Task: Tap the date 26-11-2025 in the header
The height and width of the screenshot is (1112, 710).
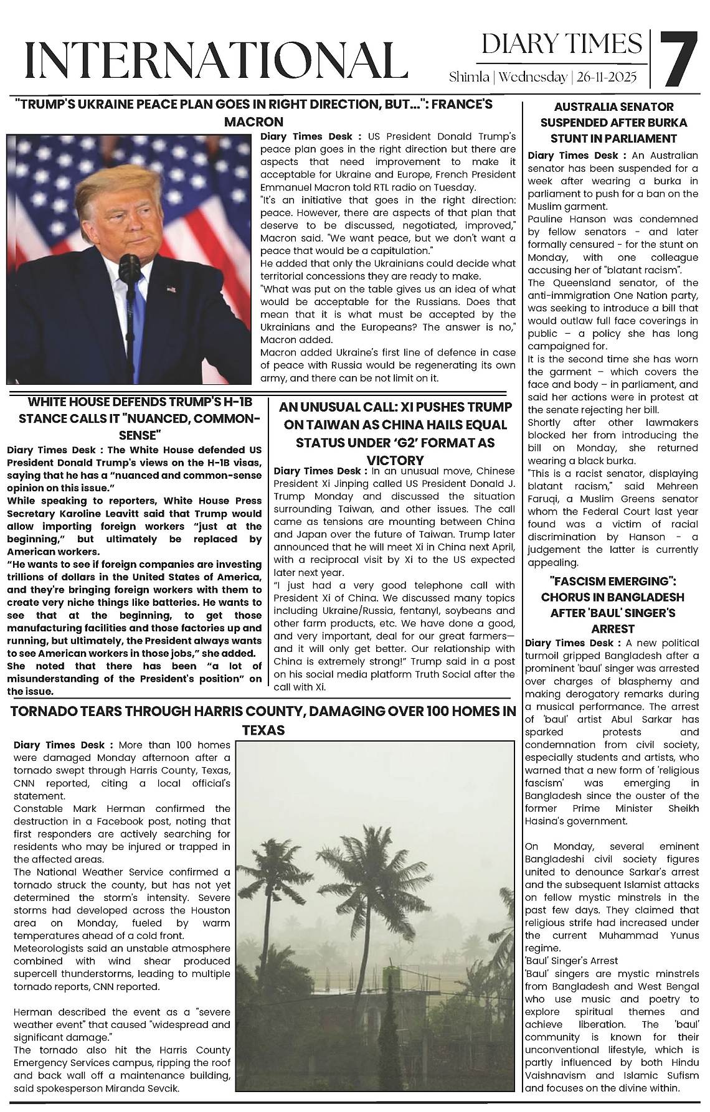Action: click(x=607, y=77)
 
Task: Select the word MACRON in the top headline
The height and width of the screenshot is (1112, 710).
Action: click(x=253, y=121)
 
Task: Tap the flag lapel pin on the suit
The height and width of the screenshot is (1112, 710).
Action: click(x=171, y=289)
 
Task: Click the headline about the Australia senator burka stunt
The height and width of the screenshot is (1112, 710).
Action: click(x=613, y=123)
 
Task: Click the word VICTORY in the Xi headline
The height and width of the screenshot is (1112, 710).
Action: click(x=395, y=461)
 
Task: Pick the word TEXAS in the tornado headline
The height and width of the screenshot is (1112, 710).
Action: click(x=263, y=730)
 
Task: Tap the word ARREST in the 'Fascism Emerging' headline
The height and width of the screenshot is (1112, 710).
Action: click(x=613, y=629)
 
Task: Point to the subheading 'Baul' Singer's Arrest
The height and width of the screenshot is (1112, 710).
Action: click(x=571, y=961)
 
